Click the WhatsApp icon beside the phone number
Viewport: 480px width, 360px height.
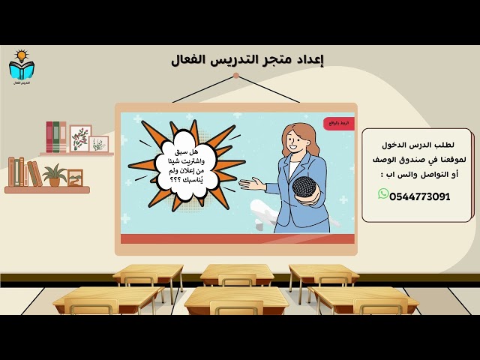(x=383, y=194)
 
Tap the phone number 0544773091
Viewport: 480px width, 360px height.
(x=420, y=196)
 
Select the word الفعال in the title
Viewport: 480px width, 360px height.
(x=192, y=59)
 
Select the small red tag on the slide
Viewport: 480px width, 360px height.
(x=339, y=122)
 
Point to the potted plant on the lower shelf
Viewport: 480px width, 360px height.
(x=54, y=175)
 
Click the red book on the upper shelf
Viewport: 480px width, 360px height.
(x=49, y=137)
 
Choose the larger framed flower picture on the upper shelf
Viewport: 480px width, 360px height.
(x=80, y=138)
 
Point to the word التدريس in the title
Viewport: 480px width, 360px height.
(x=238, y=59)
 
